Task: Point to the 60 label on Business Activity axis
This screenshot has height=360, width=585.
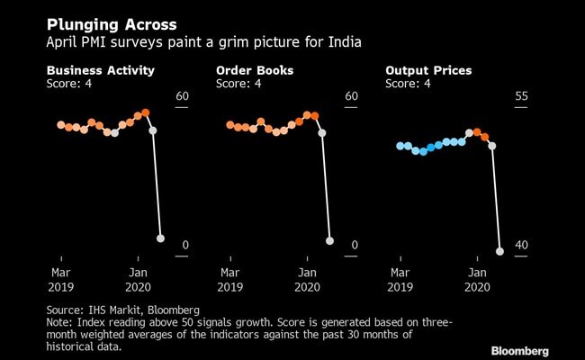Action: pos(181,96)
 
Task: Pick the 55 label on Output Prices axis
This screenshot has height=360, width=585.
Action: pos(520,96)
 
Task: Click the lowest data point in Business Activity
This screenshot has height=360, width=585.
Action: pos(161,238)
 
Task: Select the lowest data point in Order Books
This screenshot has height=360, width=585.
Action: pos(329,240)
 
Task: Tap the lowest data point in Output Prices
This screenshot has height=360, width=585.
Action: pos(500,252)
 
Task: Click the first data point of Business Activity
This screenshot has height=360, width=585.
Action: pos(60,125)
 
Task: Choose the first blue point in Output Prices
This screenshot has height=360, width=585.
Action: pos(400,146)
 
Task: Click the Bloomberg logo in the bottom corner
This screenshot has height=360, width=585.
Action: pos(519,349)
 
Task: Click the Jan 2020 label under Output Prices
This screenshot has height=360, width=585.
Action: pos(477,279)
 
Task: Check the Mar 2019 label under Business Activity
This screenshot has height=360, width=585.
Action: pos(61,279)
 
